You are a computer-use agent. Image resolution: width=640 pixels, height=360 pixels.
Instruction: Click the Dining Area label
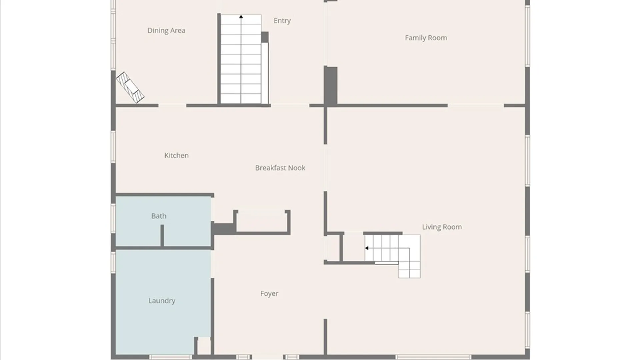[166, 30]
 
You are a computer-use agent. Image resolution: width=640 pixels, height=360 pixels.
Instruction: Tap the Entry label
[282, 21]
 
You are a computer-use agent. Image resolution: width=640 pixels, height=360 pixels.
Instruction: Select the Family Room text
[426, 38]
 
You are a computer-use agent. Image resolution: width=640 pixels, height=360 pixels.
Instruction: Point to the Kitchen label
[176, 155]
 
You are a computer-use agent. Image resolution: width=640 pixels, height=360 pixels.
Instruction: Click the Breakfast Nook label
[280, 168]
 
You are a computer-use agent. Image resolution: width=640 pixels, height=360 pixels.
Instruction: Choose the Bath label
[159, 216]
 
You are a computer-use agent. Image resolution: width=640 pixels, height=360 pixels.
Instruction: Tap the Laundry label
[162, 301]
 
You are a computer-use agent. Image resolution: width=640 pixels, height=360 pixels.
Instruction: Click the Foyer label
[269, 294]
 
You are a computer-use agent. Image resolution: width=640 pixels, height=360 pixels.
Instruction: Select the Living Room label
[442, 227]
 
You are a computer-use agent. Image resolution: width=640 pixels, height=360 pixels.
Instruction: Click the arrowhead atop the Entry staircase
[241, 16]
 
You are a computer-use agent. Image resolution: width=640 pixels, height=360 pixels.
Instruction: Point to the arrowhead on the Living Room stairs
[367, 248]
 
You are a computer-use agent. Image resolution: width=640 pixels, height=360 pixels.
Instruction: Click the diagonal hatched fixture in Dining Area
[130, 87]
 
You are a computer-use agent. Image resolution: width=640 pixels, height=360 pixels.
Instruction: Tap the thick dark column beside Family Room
[331, 86]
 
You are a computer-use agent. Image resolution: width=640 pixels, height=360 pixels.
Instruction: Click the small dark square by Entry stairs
[265, 37]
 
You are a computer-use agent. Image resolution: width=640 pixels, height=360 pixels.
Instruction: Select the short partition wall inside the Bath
[162, 236]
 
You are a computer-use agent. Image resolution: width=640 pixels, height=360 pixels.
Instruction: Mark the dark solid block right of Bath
[223, 229]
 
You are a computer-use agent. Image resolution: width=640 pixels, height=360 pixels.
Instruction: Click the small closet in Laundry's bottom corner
[204, 346]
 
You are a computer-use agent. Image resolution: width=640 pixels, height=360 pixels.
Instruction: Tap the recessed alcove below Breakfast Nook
[262, 221]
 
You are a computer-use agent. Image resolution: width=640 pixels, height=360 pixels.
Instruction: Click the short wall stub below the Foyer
[325, 337]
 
